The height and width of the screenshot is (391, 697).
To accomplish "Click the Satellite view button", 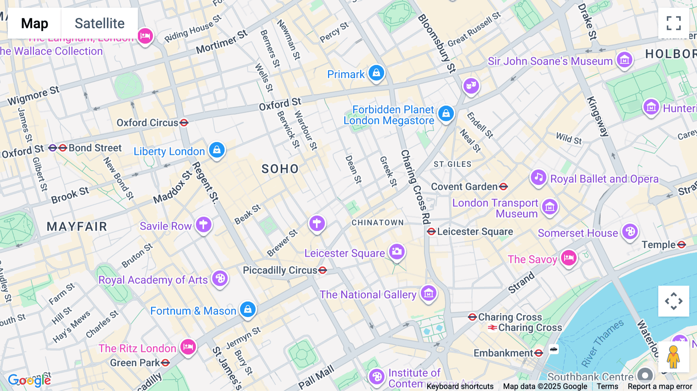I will pos(100,23).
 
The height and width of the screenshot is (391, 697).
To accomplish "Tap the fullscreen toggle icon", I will pos(673,23).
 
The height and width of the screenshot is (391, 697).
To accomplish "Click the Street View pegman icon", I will pos(673,357).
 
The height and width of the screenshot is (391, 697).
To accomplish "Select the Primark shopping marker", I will pos(376,73).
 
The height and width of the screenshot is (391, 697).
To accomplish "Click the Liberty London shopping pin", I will pos(217,150).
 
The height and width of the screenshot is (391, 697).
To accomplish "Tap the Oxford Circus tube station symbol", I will pos(184,123).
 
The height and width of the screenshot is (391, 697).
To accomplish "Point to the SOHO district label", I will pos(280,169).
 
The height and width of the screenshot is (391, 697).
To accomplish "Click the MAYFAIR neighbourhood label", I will pos(77,226).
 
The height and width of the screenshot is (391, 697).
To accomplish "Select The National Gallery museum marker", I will pos(428,293).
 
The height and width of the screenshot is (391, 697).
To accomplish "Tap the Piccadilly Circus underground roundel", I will pos(323,270).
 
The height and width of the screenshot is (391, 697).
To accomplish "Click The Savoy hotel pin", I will pos(568,258).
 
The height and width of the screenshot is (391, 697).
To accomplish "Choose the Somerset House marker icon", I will pos(630,232).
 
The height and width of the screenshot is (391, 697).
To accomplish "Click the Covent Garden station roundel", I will pos(503,187).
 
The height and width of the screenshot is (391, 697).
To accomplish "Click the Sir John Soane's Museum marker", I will pos(624,60).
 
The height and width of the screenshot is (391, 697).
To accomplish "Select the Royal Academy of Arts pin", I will pos(220,278).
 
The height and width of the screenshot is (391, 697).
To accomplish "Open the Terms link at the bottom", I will pos(607,386).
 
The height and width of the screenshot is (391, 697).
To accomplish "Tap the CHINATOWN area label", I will pos(378,223).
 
